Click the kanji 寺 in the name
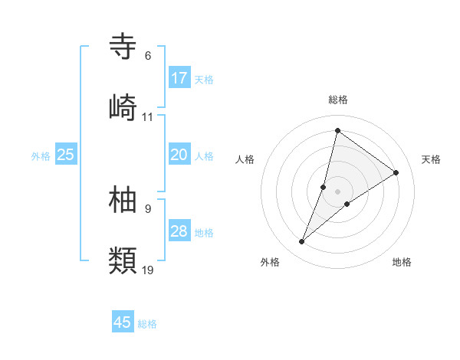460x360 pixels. point(123,47)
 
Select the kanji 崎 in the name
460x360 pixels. point(123,107)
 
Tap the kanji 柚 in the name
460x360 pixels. point(123,199)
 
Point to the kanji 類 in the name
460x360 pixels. point(123,260)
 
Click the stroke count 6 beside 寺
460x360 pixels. point(148,56)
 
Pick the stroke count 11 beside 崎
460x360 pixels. point(148,117)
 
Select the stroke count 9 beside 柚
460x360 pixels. point(148,208)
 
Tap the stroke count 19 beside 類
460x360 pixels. point(148,270)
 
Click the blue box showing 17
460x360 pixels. point(179,78)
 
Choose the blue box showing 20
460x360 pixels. point(179,155)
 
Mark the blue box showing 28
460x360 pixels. point(179,231)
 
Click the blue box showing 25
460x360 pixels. point(66,155)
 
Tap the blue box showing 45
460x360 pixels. point(123,322)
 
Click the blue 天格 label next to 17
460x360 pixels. point(204,79)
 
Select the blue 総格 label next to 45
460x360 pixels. point(147,324)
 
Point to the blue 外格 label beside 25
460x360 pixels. point(41,155)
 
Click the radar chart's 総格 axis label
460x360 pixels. point(338,100)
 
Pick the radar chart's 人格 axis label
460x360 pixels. point(245,159)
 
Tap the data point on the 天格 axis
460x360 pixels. point(396,172)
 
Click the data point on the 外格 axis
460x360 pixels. point(302,242)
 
